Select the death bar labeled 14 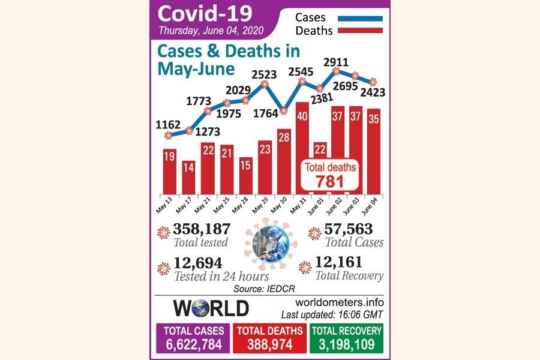coord(188,178)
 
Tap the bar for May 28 coord(245,176)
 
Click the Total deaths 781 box coord(331,175)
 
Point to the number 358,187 coord(202,229)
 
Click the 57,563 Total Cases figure coord(349,229)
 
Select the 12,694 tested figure coord(198,263)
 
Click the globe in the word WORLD coord(201,308)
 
